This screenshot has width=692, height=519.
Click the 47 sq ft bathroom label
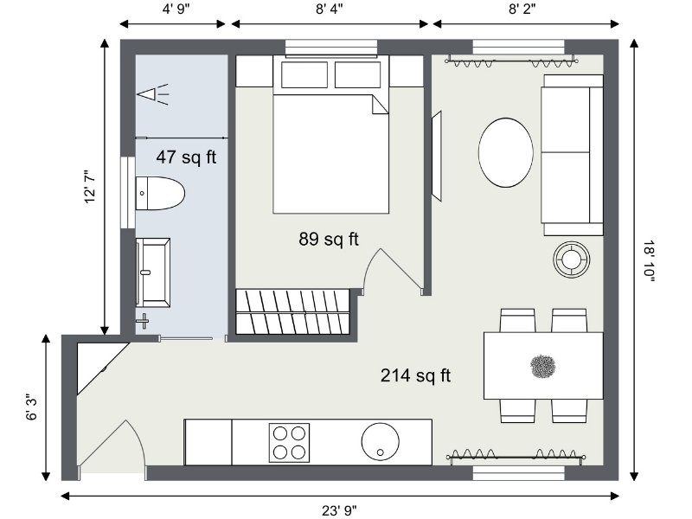click(186, 157)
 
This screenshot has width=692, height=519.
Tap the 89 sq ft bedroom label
click(329, 240)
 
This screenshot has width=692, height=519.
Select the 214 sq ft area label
click(415, 375)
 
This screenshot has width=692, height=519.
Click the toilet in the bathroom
click(159, 193)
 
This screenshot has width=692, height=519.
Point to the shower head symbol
click(153, 94)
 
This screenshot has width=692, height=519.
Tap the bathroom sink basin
click(153, 272)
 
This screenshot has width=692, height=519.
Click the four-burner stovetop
click(289, 443)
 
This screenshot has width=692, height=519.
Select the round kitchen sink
click(380, 441)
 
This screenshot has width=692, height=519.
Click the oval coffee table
click(506, 152)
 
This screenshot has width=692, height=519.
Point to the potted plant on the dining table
click(542, 367)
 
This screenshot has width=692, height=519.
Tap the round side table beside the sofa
click(572, 259)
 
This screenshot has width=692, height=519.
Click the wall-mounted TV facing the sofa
click(437, 157)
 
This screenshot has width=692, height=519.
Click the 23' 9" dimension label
click(339, 510)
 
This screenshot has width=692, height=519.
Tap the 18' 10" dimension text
click(649, 261)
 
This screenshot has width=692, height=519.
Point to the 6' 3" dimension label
click(32, 407)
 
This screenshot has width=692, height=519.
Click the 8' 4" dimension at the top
click(330, 9)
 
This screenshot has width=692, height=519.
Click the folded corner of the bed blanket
click(379, 104)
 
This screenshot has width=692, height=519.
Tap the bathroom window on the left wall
click(127, 192)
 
